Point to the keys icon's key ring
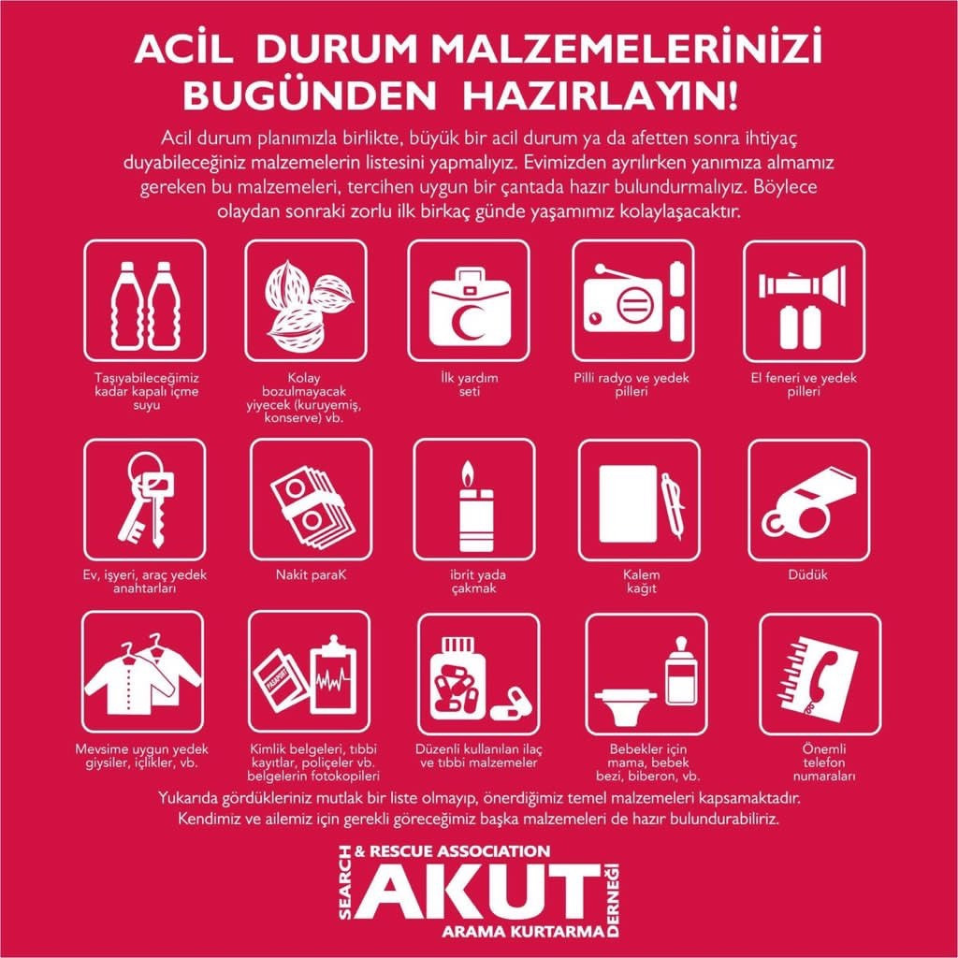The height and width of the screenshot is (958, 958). click(x=144, y=469)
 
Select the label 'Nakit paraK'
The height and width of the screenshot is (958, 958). click(x=311, y=575)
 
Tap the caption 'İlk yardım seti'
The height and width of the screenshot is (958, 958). click(x=470, y=385)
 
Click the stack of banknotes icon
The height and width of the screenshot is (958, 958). click(x=312, y=506)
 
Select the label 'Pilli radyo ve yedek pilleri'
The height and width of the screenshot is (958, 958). click(x=631, y=385)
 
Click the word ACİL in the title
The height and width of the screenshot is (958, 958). click(x=183, y=51)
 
